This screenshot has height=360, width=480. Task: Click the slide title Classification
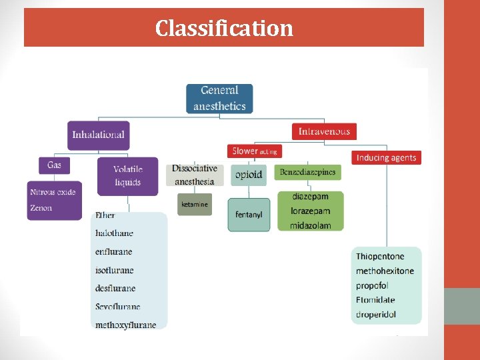coord(224,28)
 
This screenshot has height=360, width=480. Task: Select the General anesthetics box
coord(219,98)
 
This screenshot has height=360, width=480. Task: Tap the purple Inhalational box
coord(98,135)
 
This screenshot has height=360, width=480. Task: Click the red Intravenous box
coord(324,131)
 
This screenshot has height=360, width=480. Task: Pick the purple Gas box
coord(54,164)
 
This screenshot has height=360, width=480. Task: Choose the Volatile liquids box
coord(127,176)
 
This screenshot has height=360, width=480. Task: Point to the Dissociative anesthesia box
coord(195,175)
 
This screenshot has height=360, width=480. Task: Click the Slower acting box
coord(254,151)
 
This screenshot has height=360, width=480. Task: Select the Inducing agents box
coord(386,158)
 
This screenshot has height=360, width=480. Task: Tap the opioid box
coord(249,175)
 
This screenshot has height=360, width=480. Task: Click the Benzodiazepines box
coord(308,173)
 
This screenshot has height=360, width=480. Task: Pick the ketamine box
coord(195,204)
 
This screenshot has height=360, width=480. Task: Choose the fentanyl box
coord(249,215)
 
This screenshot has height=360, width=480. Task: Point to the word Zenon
coord(41,208)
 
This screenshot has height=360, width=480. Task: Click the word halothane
coord(114,233)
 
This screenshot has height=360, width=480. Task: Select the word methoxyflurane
coord(125,325)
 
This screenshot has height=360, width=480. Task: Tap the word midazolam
coord(310,225)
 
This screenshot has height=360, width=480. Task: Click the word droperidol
coord(376,314)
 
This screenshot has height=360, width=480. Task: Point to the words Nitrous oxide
coord(53,193)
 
